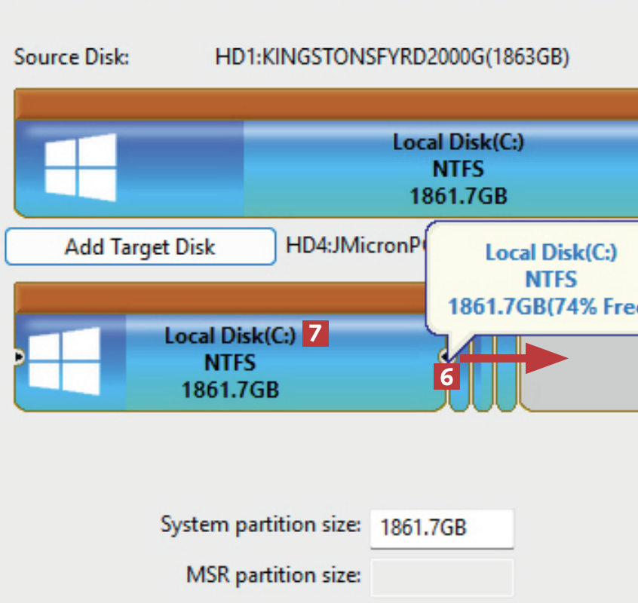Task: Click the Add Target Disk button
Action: tap(140, 247)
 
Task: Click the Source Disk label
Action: tap(72, 57)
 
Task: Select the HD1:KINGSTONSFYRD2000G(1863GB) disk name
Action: tap(392, 57)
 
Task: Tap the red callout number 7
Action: tap(316, 333)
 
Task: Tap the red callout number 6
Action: tap(446, 377)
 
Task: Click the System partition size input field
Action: tap(441, 528)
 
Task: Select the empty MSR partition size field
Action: tap(441, 577)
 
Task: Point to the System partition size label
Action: tap(260, 525)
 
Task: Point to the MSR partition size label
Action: tap(273, 576)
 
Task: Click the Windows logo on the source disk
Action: tap(80, 167)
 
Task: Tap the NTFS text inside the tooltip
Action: tap(551, 280)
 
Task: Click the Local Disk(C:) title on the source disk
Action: tap(458, 142)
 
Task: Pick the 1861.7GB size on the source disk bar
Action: tap(458, 196)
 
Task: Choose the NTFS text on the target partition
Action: tap(230, 363)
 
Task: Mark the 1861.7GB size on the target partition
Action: tap(230, 389)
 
